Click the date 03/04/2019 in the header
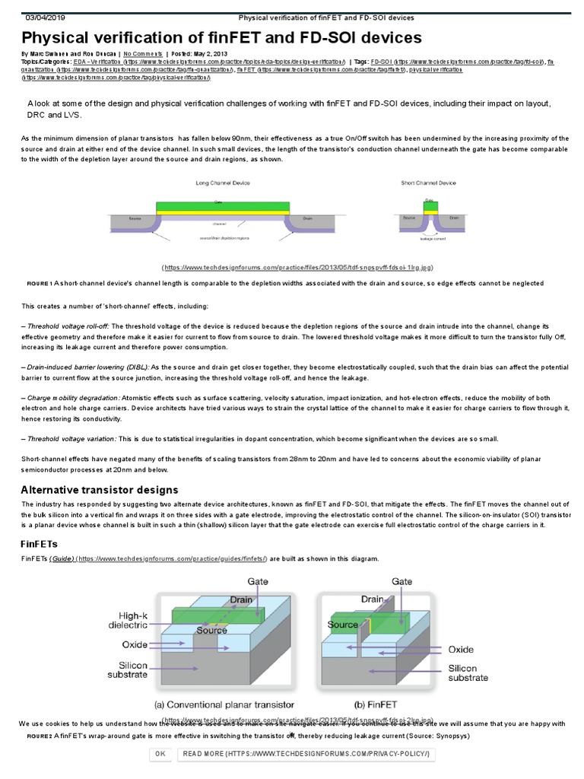(47, 17)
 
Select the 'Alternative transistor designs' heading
(100, 489)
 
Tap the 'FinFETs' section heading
(38, 544)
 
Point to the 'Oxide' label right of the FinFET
(461, 650)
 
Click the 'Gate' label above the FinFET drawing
(402, 581)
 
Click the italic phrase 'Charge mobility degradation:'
(71, 398)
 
